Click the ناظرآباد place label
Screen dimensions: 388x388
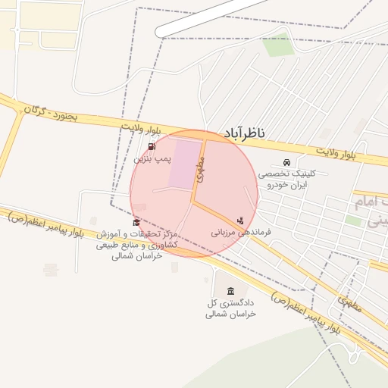(243, 133)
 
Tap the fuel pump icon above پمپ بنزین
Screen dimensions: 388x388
(152, 147)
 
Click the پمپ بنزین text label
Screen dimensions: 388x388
(153, 159)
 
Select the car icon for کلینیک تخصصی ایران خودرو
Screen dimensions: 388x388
(286, 163)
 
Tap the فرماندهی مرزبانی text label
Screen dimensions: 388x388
(241, 233)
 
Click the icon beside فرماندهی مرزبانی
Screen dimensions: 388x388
(240, 221)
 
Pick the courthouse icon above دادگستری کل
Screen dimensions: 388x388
(231, 292)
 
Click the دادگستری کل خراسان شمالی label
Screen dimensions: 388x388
(231, 308)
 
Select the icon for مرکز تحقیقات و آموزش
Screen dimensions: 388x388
(136, 222)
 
